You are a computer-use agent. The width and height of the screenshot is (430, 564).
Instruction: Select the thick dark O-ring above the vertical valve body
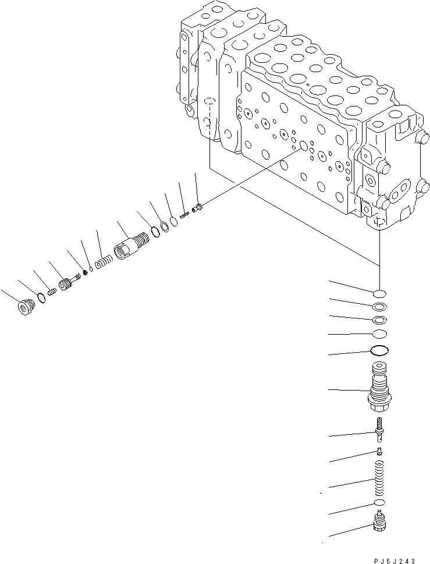379,350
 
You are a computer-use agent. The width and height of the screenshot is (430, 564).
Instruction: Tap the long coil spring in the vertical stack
379,478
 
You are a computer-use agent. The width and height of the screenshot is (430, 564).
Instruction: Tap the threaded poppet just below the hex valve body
379,431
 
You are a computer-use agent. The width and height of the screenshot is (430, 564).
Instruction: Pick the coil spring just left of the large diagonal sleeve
104,261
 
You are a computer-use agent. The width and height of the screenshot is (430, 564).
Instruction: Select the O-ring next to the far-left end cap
41,297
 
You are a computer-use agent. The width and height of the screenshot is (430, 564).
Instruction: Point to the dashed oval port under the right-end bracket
378,223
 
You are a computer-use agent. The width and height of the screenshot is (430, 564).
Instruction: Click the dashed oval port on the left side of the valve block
209,104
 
